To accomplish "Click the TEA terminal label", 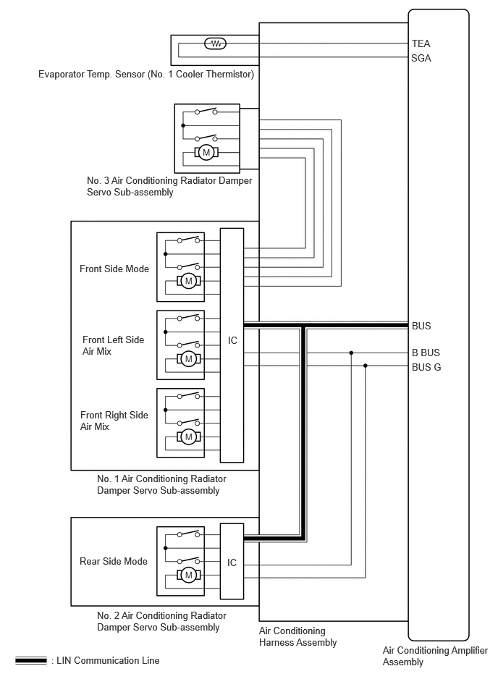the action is tap(421, 43).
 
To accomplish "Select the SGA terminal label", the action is tap(421, 58).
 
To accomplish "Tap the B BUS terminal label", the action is tap(426, 353).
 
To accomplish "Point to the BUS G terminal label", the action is tap(426, 367).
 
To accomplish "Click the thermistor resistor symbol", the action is tap(216, 43).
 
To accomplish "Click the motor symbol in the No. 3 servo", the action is tap(206, 153).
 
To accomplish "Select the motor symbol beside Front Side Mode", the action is tap(189, 281).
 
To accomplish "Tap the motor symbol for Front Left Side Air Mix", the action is tap(189, 359).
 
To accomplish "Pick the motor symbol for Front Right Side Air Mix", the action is tap(189, 437).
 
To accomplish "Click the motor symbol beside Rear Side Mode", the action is tap(189, 575).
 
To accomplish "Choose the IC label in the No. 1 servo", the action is tap(232, 340).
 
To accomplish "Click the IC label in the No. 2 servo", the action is tap(232, 562).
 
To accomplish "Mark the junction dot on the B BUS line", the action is tap(351, 353).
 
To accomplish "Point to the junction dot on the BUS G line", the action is tap(366, 366).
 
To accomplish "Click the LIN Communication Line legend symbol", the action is tap(30, 660).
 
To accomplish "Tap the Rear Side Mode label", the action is tap(114, 561).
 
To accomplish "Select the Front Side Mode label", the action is tap(114, 269).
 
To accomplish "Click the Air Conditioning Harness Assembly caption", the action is tap(297, 636).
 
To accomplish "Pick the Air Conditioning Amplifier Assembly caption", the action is tap(435, 656).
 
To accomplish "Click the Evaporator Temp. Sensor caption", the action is tap(146, 74).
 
